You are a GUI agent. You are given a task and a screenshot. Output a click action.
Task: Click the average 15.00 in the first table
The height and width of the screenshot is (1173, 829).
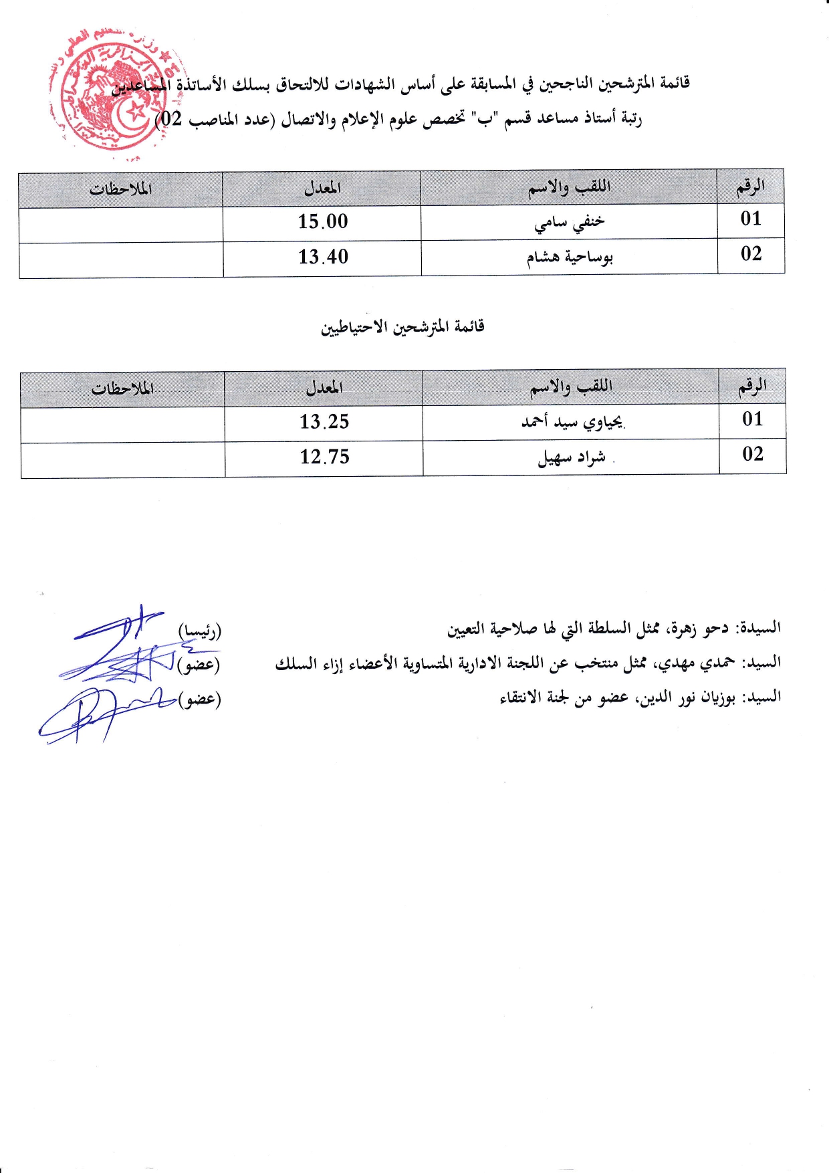pos(323,221)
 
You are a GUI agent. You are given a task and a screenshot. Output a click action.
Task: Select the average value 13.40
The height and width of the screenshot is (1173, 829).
pos(323,257)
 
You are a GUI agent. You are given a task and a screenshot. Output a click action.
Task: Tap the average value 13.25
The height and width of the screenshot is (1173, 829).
pos(324,422)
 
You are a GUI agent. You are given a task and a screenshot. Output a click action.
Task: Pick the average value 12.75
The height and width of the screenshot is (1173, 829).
pos(324,457)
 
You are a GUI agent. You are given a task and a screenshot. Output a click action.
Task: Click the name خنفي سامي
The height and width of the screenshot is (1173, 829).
pos(570,222)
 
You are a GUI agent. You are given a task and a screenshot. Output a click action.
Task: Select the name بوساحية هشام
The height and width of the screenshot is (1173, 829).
pos(570,257)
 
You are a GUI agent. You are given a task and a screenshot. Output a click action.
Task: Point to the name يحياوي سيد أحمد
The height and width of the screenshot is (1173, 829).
pos(572,422)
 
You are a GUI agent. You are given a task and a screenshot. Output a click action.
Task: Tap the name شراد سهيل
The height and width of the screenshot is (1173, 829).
pos(572,457)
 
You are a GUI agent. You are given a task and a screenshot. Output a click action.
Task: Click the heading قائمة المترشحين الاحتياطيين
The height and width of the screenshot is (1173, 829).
pos(402,327)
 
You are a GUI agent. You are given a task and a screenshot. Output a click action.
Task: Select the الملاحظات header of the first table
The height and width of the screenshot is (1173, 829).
pos(121,189)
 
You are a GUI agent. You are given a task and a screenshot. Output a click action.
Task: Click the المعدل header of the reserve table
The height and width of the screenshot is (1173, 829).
pos(324,387)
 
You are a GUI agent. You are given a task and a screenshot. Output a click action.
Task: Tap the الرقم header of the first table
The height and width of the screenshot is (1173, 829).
pos(751,187)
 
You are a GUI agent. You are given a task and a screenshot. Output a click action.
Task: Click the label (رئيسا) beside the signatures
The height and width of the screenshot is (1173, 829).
pos(199,631)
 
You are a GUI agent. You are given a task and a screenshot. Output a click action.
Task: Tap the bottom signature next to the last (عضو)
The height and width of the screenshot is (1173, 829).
pos(100,712)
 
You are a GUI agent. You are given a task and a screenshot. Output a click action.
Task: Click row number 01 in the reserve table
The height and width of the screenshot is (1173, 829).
pos(753,419)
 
